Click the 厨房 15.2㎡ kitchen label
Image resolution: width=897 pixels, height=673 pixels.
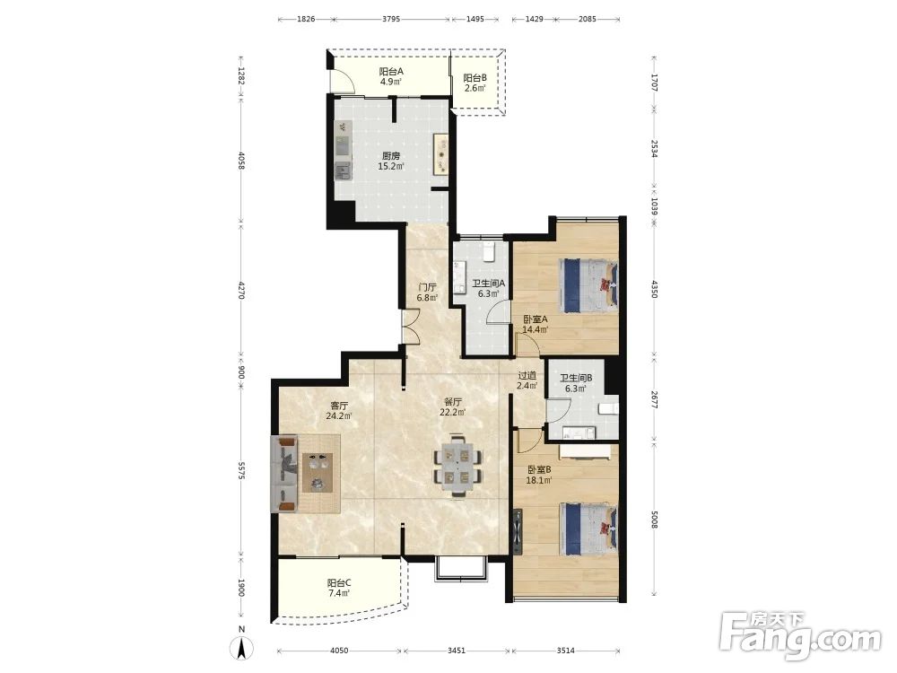click(x=391, y=161)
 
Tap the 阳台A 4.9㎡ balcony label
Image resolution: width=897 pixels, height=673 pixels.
click(x=391, y=76)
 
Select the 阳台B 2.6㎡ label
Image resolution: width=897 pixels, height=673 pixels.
click(x=475, y=83)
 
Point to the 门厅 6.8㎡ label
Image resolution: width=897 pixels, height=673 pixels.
click(x=427, y=292)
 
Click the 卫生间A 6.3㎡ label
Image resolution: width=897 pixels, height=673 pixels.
click(x=489, y=288)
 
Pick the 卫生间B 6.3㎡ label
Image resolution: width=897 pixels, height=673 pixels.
click(x=576, y=383)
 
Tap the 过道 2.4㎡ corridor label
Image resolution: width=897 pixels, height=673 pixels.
click(x=527, y=380)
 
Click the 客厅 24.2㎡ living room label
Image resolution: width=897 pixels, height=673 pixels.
click(x=339, y=410)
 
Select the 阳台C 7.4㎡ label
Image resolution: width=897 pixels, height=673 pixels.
click(x=339, y=588)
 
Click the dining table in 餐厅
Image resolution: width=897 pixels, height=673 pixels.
click(x=457, y=465)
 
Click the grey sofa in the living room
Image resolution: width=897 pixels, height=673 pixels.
click(x=284, y=473)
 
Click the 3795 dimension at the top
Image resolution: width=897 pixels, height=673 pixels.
click(x=391, y=19)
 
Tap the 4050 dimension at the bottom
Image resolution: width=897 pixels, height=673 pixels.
click(x=339, y=651)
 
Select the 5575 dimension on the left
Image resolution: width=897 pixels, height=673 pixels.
click(x=241, y=471)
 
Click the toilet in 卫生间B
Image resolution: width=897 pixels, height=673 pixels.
click(x=609, y=408)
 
